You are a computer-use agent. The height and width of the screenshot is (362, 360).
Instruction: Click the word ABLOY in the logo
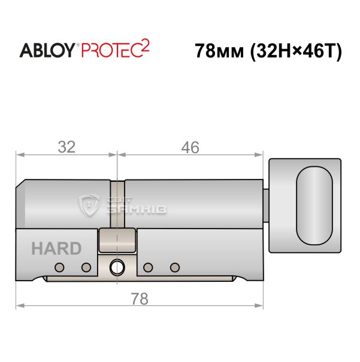[47, 50]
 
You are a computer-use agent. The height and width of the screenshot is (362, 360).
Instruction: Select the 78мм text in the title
[219, 51]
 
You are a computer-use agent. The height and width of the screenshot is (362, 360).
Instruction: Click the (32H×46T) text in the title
[296, 51]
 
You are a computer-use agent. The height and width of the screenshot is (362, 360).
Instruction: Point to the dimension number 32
[66, 147]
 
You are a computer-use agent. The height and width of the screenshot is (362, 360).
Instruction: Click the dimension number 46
[190, 147]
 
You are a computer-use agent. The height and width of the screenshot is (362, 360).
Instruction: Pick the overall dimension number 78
[140, 299]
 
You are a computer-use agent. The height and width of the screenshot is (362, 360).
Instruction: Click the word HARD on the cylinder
[56, 248]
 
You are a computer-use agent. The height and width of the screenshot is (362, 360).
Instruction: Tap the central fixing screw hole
[117, 267]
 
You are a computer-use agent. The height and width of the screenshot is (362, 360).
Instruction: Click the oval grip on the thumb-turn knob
[314, 206]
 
